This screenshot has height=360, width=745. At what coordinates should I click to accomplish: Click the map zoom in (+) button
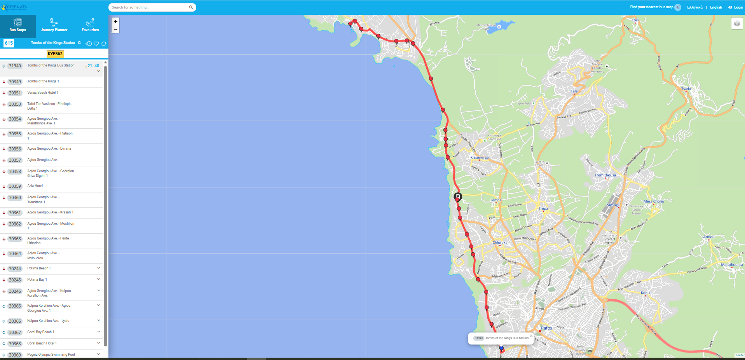pyautogui.click(x=115, y=21)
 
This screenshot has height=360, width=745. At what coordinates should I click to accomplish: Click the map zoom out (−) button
pyautogui.click(x=115, y=30)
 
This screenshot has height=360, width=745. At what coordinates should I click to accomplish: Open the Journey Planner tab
pyautogui.click(x=54, y=26)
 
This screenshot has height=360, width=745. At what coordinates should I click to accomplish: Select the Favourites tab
pyautogui.click(x=90, y=26)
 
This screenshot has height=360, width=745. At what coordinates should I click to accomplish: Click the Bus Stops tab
pyautogui.click(x=18, y=26)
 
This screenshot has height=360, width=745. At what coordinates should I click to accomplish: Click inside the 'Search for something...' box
pyautogui.click(x=148, y=7)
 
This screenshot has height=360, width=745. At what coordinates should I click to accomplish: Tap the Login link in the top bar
pyautogui.click(x=736, y=7)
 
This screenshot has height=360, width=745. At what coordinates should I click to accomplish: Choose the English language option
pyautogui.click(x=716, y=7)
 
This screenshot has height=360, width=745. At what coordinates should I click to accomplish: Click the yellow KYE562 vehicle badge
pyautogui.click(x=55, y=54)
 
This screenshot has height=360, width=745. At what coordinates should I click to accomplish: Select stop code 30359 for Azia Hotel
pyautogui.click(x=15, y=186)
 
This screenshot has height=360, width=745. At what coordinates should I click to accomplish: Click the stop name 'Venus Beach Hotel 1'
pyautogui.click(x=43, y=93)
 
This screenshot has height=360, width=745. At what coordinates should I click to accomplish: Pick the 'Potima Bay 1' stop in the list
pyautogui.click(x=37, y=280)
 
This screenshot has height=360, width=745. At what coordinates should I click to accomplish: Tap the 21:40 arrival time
pyautogui.click(x=93, y=66)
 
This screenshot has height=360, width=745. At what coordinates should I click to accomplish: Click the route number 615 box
pyautogui.click(x=9, y=43)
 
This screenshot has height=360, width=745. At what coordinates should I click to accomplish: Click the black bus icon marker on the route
pyautogui.click(x=458, y=197)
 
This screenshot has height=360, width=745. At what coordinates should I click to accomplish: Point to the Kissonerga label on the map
pyautogui.click(x=480, y=157)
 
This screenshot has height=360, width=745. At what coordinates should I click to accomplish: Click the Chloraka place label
pyautogui.click(x=500, y=243)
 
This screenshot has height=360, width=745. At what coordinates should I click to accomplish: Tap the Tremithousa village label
pyautogui.click(x=605, y=175)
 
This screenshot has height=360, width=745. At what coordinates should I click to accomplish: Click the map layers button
pyautogui.click(x=737, y=24)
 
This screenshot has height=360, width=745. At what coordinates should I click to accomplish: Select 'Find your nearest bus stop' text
pyautogui.click(x=651, y=7)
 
